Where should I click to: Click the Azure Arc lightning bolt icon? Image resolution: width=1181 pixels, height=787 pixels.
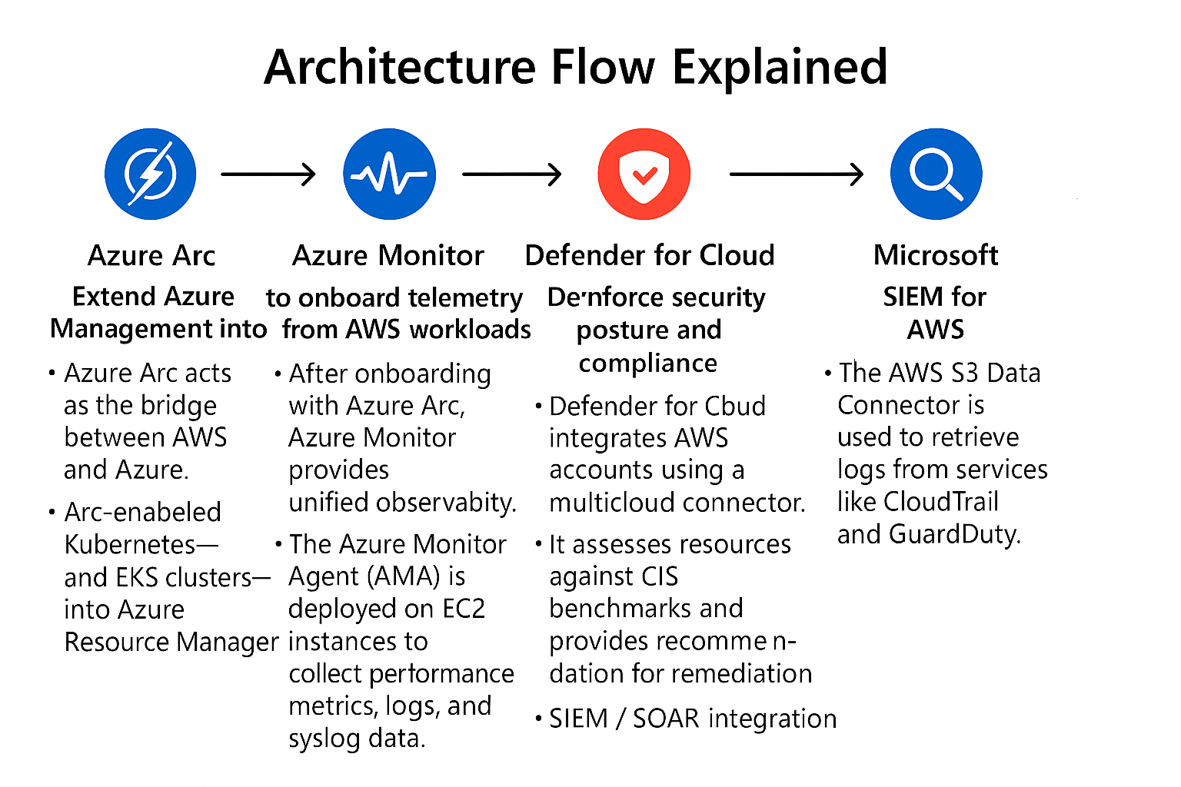click(151, 174)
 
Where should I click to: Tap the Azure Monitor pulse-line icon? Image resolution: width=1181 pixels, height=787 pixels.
click(389, 174)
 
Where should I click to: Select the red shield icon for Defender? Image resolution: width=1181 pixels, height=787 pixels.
click(644, 174)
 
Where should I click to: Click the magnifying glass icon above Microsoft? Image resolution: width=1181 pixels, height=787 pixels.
click(936, 174)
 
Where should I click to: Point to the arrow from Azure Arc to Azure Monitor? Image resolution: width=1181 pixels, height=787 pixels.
click(268, 174)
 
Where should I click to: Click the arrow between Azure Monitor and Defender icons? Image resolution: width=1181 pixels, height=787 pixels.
click(511, 174)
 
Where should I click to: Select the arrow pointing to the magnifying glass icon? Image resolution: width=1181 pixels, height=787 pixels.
click(797, 174)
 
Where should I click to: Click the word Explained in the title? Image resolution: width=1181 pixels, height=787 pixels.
click(780, 67)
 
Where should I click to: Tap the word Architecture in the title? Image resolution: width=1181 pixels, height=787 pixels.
click(399, 67)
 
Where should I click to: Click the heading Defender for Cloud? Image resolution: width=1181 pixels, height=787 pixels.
click(650, 255)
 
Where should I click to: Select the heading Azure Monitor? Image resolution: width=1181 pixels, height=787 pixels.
click(388, 255)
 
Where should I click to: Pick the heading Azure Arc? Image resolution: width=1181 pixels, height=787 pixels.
click(151, 255)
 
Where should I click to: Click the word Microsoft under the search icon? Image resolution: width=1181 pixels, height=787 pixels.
click(936, 255)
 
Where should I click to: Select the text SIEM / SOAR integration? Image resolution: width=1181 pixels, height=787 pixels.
click(692, 719)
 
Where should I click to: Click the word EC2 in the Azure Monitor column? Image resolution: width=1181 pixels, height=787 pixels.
click(464, 609)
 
